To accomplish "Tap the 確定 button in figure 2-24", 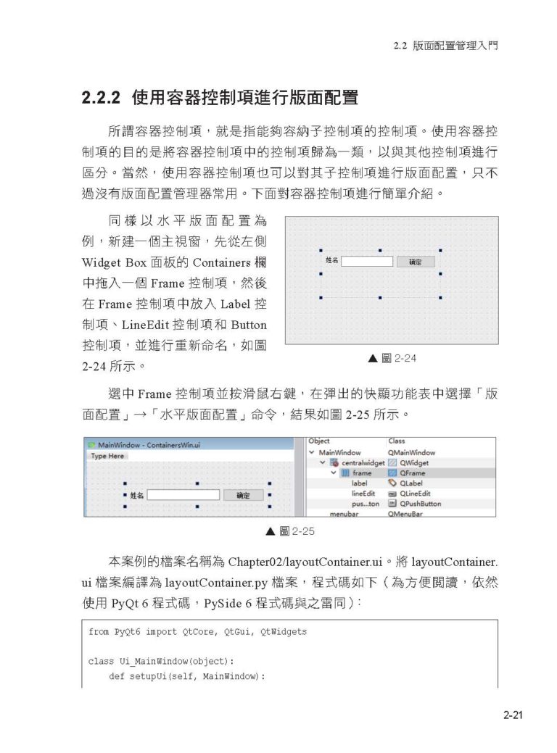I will pyautogui.click(x=415, y=262).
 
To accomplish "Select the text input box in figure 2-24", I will pyautogui.click(x=366, y=261).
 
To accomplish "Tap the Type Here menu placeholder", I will pyautogui.click(x=108, y=456).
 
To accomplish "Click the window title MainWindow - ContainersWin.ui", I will pyautogui.click(x=144, y=445).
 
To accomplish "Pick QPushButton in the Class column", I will pyautogui.click(x=420, y=503).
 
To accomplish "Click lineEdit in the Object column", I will pyautogui.click(x=363, y=493).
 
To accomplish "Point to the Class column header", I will pyautogui.click(x=397, y=441).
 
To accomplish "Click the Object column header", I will pyautogui.click(x=319, y=441).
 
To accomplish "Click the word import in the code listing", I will pyautogui.click(x=161, y=632).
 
